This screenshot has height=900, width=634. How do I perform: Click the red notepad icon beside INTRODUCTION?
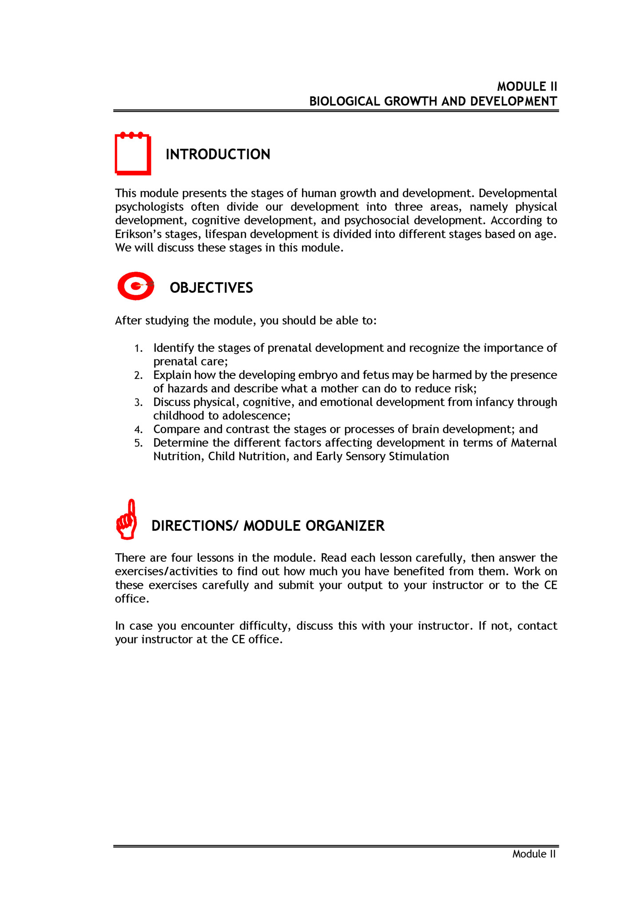pyautogui.click(x=133, y=154)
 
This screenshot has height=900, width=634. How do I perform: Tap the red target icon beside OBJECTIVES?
pyautogui.click(x=135, y=286)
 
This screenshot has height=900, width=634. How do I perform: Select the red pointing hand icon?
pyautogui.click(x=127, y=520)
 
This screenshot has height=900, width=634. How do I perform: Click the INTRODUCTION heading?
pyautogui.click(x=218, y=154)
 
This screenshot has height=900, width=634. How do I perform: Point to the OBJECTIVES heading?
pyautogui.click(x=211, y=288)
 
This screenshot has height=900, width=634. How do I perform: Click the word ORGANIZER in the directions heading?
pyautogui.click(x=345, y=526)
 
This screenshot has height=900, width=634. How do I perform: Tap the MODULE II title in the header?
pyautogui.click(x=527, y=87)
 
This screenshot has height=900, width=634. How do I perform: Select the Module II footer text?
pyautogui.click(x=534, y=854)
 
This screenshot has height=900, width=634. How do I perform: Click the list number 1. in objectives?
pyautogui.click(x=139, y=349)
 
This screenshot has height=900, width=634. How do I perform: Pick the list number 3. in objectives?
pyautogui.click(x=139, y=403)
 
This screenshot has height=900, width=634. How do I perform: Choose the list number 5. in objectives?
pyautogui.click(x=139, y=443)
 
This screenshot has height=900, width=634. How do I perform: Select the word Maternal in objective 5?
pyautogui.click(x=533, y=443)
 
